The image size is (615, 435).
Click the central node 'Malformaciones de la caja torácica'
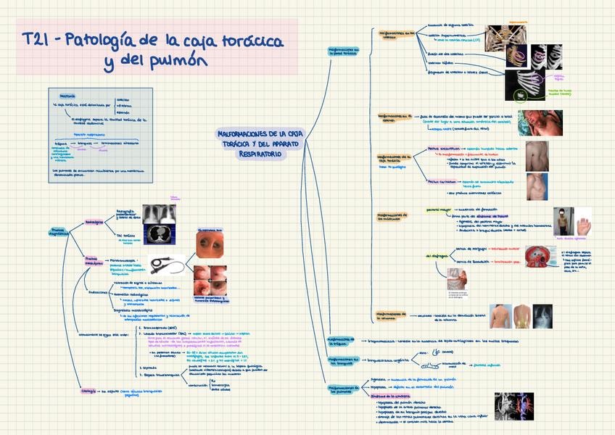(x=260, y=144)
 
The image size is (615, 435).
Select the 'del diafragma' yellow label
(x=437, y=256)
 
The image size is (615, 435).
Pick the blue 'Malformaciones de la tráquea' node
(x=340, y=340)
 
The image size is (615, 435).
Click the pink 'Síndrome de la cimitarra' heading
(x=391, y=396)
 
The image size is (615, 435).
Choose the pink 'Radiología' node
(x=94, y=222)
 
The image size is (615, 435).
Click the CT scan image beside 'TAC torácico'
(x=158, y=233)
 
